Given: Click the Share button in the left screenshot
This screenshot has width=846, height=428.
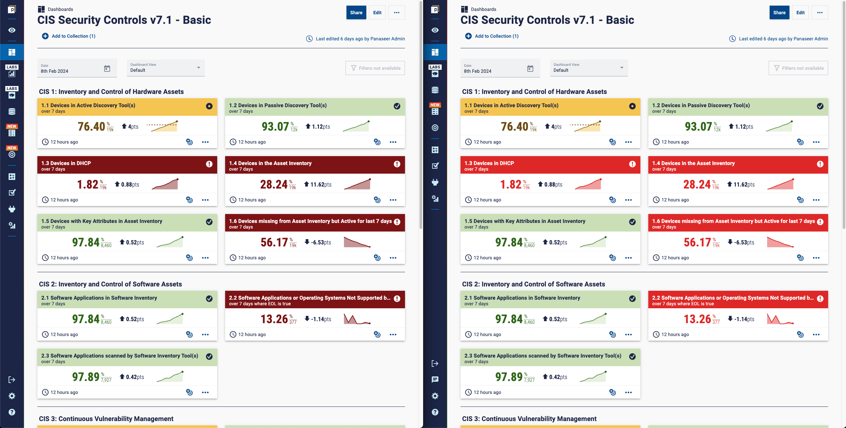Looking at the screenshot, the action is tap(356, 13).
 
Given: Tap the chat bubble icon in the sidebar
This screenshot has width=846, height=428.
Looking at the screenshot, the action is tap(435, 379).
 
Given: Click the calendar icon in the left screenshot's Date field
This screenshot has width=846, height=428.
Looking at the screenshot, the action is tap(107, 68).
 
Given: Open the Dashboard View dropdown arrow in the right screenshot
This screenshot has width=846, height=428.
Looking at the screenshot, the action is tap(622, 68).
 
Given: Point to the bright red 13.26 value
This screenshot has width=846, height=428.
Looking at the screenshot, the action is tap(697, 319).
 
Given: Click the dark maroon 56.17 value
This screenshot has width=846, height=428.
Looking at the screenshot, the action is tap(274, 242).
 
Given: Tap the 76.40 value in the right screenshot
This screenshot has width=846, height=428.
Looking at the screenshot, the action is tap(514, 127).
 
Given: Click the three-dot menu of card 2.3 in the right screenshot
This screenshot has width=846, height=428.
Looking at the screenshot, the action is tap(628, 392).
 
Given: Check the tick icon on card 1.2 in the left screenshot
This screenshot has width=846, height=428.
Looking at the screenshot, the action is tap(397, 106).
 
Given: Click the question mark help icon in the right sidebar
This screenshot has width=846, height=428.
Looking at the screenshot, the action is tap(435, 412).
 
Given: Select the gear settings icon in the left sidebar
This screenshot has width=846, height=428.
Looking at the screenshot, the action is tap(12, 396).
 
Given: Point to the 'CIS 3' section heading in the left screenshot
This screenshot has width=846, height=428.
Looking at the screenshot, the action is tap(106, 419).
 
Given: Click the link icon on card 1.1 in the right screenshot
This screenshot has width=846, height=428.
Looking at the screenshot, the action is tap(613, 142).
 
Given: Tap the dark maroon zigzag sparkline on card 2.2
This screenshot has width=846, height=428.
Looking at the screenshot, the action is tap(357, 319).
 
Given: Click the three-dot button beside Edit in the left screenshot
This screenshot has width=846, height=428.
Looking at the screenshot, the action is tap(397, 13).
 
